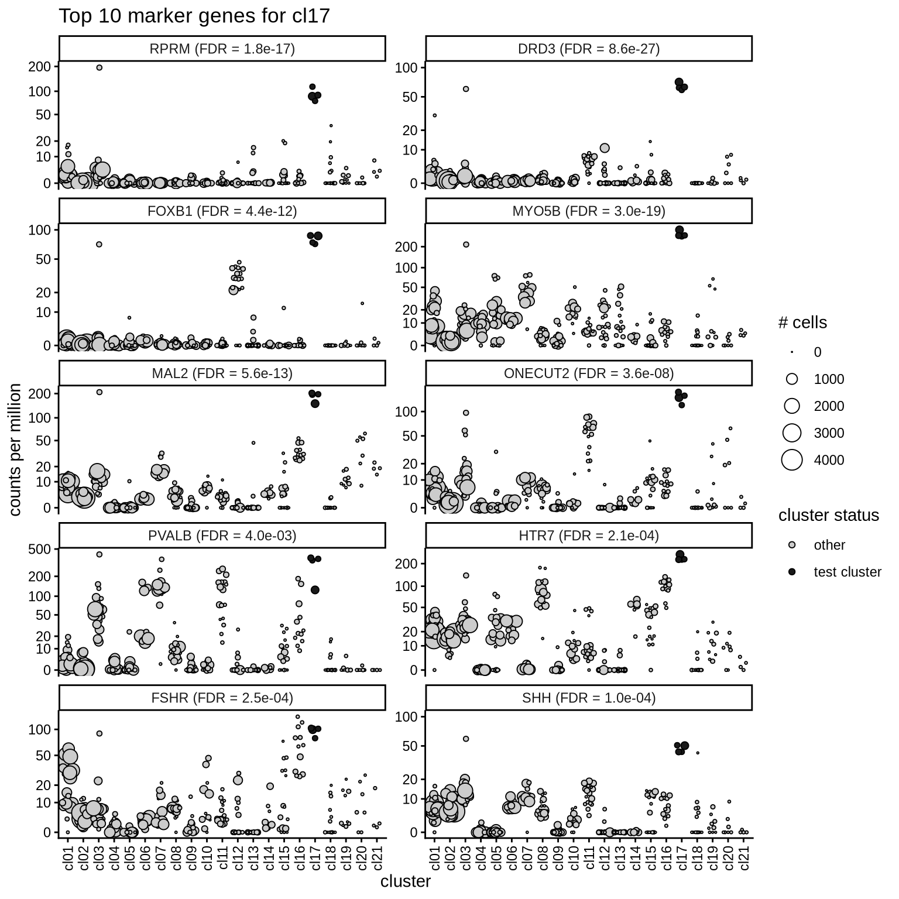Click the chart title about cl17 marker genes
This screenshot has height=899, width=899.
click(194, 16)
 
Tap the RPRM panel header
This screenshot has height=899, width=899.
click(222, 49)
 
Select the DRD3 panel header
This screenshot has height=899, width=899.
click(589, 49)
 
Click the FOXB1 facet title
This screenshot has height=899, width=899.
click(222, 211)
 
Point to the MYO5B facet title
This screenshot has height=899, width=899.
click(589, 211)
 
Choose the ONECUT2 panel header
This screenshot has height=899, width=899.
click(589, 373)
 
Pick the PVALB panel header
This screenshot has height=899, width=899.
click(222, 536)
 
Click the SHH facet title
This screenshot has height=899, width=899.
click(589, 698)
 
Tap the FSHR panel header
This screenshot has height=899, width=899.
click(222, 698)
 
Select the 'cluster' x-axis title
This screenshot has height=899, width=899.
click(405, 881)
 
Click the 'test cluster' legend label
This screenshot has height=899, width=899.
click(847, 572)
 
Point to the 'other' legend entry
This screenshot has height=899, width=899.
click(829, 545)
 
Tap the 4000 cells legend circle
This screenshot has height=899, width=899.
click(792, 460)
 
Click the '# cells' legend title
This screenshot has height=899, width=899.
click(802, 322)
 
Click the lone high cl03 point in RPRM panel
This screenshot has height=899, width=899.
click(99, 68)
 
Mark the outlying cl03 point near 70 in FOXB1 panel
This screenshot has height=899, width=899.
click(99, 245)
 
